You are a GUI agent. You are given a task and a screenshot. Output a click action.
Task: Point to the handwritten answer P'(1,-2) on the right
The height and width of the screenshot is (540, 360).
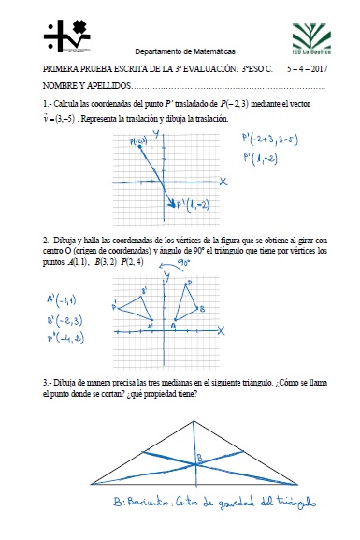click(x=264, y=160)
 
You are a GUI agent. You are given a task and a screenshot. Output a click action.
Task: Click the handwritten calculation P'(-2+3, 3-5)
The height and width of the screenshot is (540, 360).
click(x=280, y=141)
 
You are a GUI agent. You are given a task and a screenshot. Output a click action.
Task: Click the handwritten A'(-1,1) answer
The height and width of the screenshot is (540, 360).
click(x=64, y=299)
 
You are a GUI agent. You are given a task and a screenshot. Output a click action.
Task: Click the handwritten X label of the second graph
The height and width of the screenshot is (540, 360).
click(x=221, y=330)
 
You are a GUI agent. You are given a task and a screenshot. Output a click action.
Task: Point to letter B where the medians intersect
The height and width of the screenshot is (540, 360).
click(x=198, y=458)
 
